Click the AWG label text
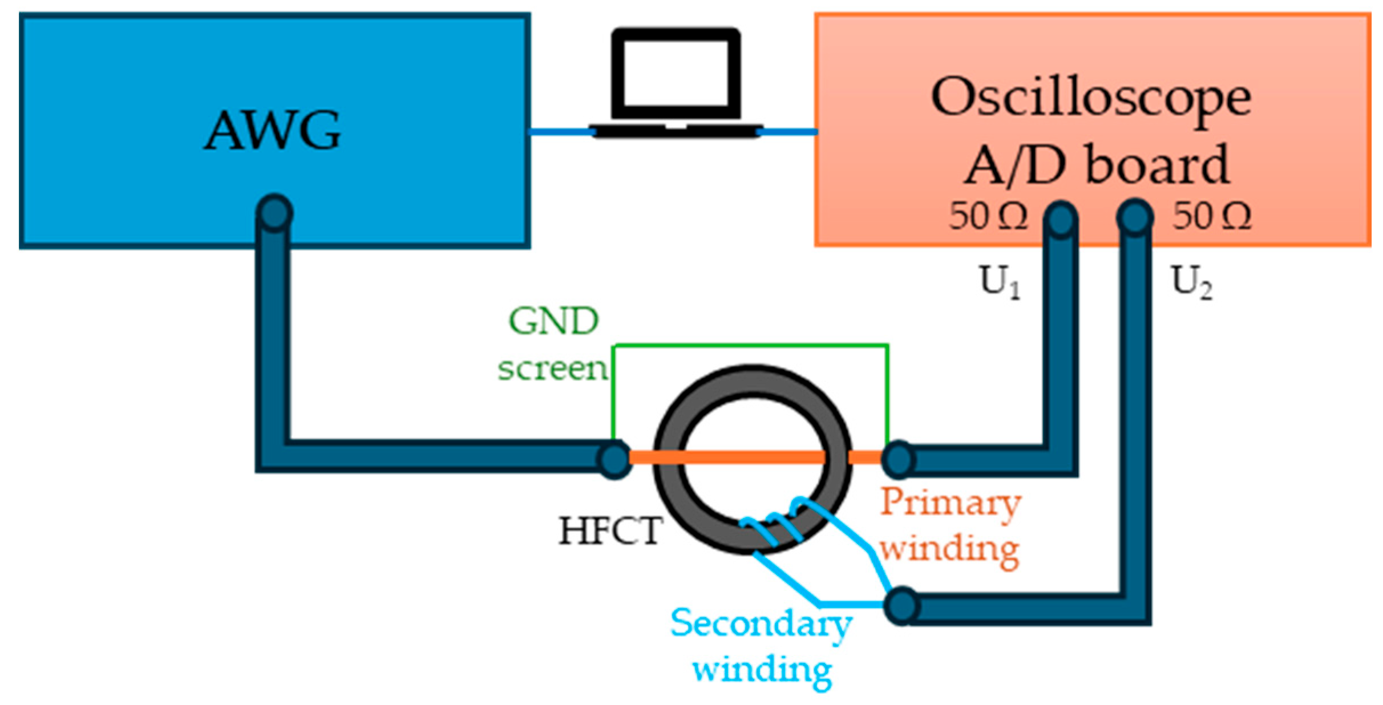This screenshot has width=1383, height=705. [273, 131]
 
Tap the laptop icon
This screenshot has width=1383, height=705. [676, 83]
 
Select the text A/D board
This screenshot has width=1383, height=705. [1096, 165]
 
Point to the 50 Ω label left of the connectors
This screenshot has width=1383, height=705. [988, 217]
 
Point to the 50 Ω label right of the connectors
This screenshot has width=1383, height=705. [1212, 217]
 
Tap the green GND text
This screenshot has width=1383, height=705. [553, 321]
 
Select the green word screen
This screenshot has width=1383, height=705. [552, 368]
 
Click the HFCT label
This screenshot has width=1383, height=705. [610, 530]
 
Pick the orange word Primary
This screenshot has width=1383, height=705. [950, 504]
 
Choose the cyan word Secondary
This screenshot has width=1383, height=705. [761, 623]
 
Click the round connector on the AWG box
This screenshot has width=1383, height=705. [274, 213]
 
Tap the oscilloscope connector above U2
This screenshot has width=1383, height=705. [1135, 217]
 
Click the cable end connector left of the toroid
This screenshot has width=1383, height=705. [614, 459]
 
